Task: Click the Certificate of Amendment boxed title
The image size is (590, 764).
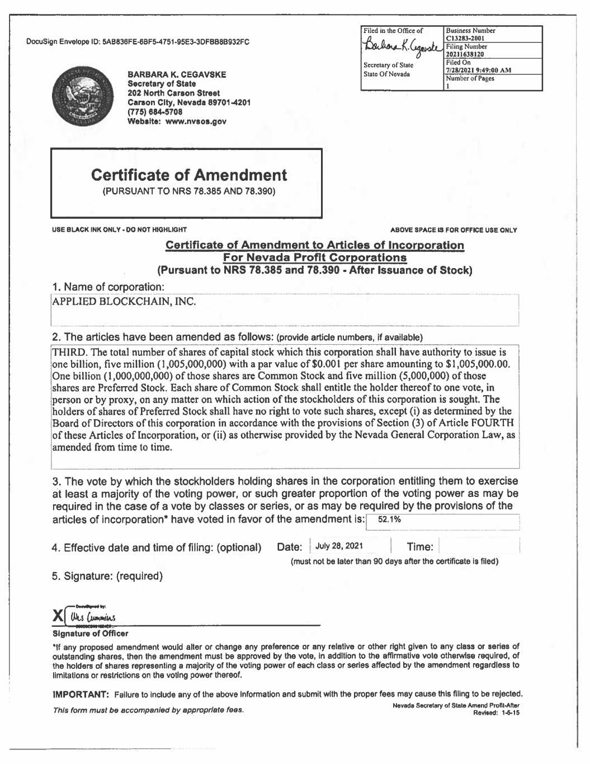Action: click(188, 175)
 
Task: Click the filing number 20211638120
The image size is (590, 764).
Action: click(465, 54)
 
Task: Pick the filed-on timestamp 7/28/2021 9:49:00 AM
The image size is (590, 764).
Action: click(479, 71)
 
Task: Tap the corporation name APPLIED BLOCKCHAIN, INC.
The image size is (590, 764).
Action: click(124, 302)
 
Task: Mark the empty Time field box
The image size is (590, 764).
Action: click(479, 546)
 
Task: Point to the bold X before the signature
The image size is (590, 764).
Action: click(58, 616)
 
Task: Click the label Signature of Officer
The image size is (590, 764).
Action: click(90, 634)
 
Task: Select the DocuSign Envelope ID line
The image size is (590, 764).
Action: click(138, 42)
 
